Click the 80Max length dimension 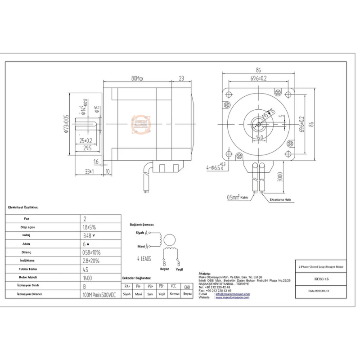click(137, 78)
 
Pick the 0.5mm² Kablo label click(238, 197)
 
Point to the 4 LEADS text click(144, 259)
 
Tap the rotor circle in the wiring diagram click(169, 239)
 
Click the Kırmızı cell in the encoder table click(174, 293)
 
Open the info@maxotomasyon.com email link click(233, 294)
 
